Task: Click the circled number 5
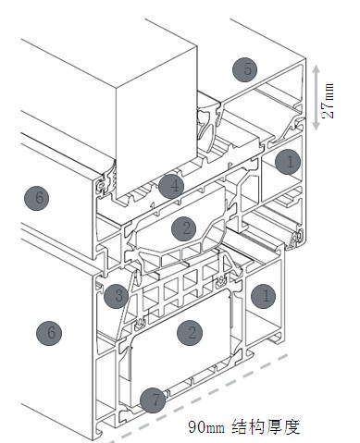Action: [x=245, y=69]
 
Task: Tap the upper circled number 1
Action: [x=288, y=162]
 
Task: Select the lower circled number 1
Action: [x=264, y=296]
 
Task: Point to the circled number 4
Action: [x=171, y=186]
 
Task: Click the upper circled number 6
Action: [x=37, y=198]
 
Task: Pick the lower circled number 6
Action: [x=49, y=333]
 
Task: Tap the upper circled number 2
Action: [x=184, y=228]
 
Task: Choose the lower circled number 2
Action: [x=190, y=332]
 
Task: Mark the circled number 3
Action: [x=117, y=296]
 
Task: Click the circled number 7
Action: [x=153, y=400]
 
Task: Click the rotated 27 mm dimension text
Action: [x=328, y=101]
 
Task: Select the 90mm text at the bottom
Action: [x=206, y=427]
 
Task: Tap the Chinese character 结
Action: [x=241, y=426]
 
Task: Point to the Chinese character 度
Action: [x=292, y=426]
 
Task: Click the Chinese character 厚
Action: [x=275, y=426]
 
